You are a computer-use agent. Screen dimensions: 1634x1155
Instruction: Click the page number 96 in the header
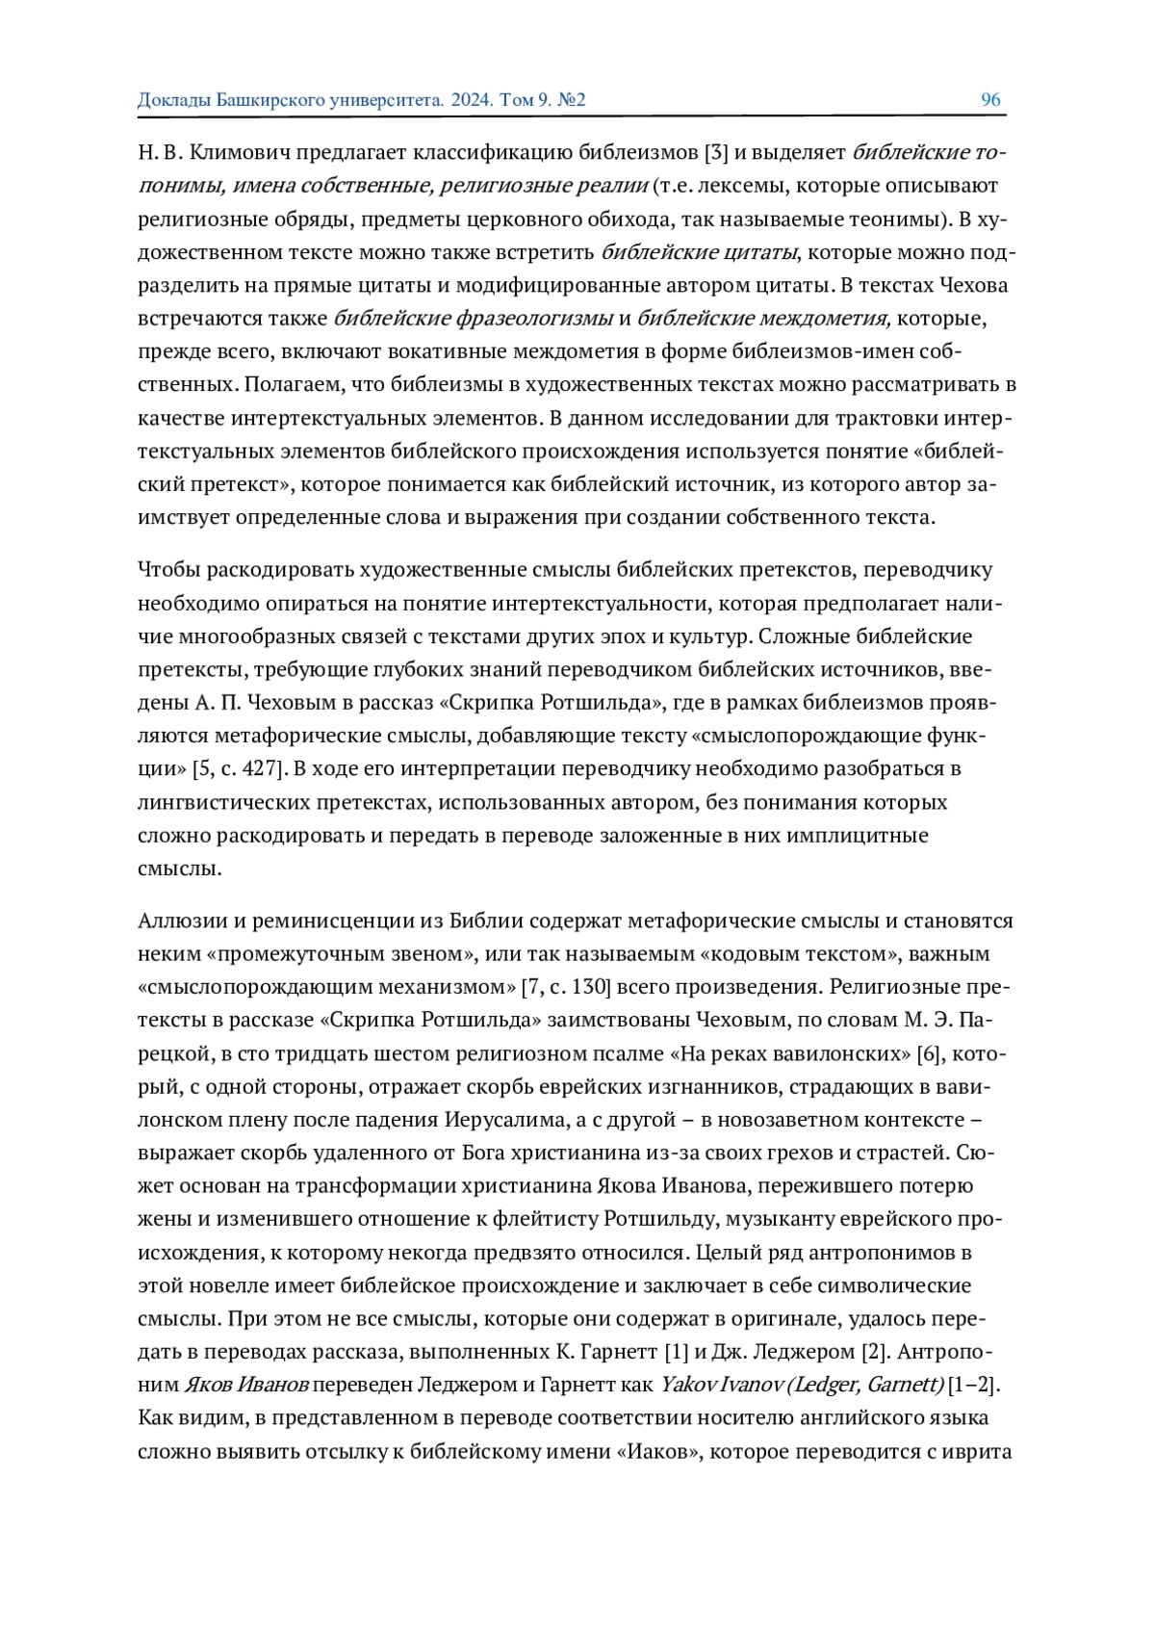tap(990, 100)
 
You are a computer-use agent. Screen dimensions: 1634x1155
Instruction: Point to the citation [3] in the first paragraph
tap(717, 152)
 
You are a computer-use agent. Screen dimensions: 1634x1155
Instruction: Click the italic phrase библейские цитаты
tap(700, 252)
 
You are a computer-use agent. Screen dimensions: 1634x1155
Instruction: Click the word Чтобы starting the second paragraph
tap(167, 570)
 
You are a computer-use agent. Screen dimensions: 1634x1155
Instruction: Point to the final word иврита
tap(979, 1451)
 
